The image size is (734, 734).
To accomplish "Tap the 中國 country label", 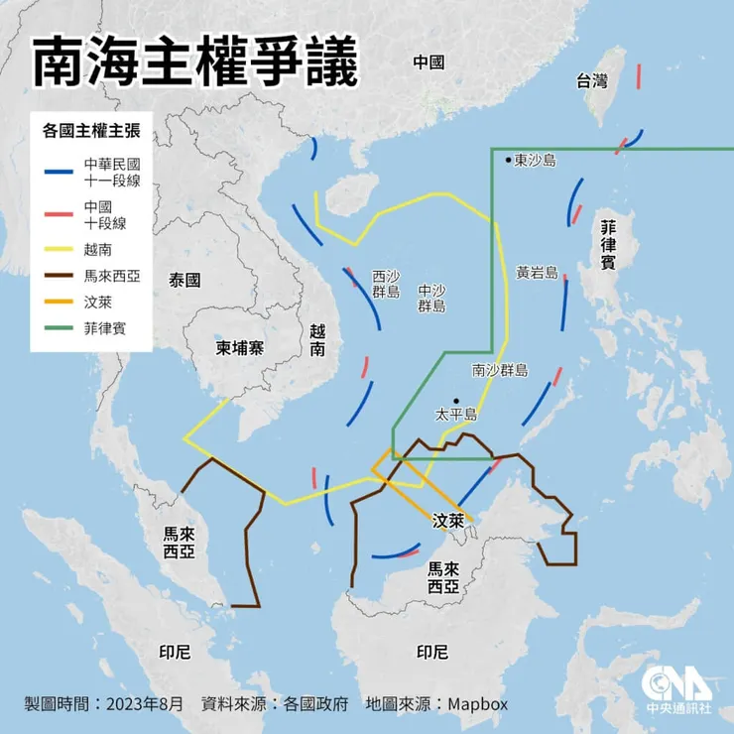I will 428,62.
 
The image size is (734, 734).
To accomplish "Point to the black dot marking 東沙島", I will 508,159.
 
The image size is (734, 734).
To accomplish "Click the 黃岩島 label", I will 538,271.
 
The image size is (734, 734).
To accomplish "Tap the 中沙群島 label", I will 431,299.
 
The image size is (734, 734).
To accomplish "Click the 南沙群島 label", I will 500,370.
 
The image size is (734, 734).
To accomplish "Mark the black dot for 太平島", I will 456,401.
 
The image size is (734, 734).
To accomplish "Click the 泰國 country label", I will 184,280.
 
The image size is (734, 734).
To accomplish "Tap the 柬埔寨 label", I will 239,348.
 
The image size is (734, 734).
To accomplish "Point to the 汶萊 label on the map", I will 448,519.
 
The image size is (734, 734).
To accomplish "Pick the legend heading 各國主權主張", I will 89,129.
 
